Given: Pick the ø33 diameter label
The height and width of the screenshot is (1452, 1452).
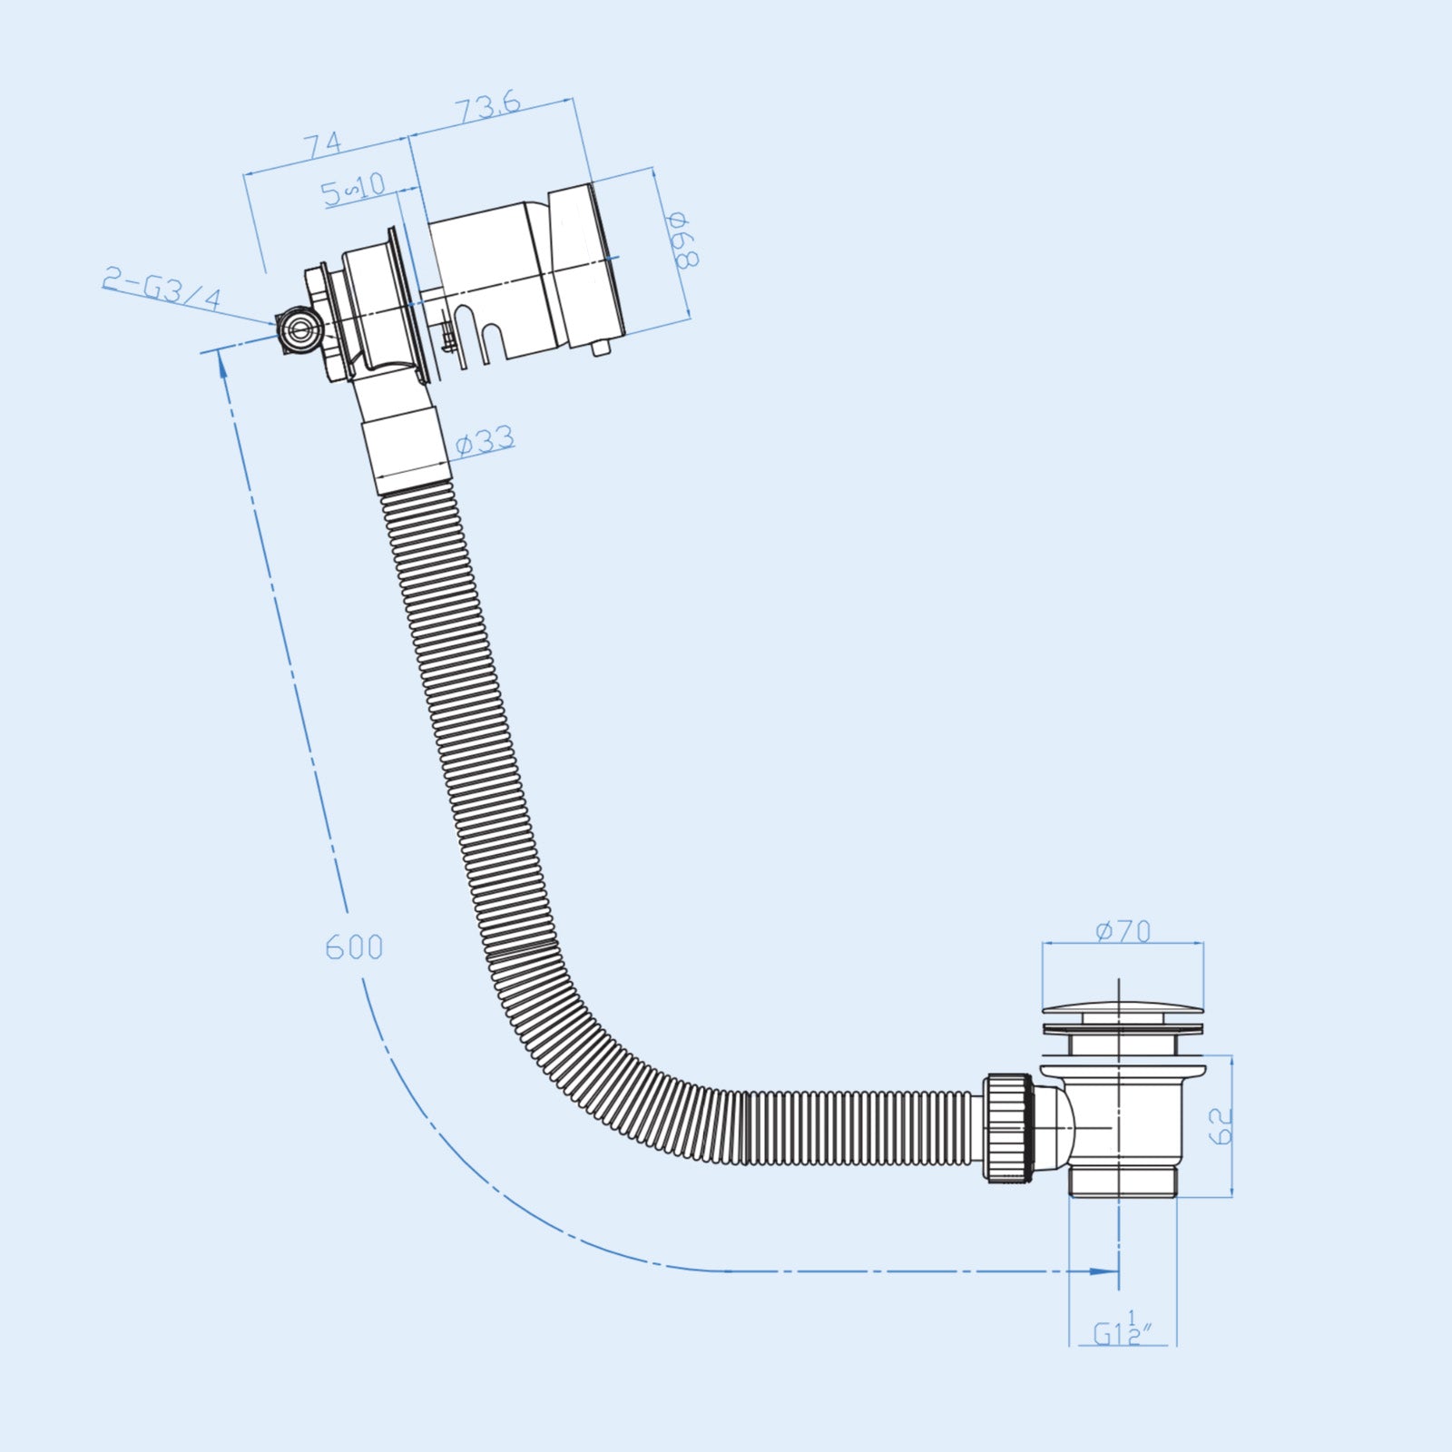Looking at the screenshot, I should [485, 441].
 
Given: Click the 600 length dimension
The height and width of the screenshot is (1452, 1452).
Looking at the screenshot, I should [354, 947].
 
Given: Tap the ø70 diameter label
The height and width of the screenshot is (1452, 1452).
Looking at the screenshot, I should [1123, 931].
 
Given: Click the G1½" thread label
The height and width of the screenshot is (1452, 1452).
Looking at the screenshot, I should [1122, 1331].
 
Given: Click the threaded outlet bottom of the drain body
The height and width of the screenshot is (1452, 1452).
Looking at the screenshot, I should [1123, 1182].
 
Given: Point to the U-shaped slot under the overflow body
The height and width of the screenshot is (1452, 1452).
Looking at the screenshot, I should [491, 340].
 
